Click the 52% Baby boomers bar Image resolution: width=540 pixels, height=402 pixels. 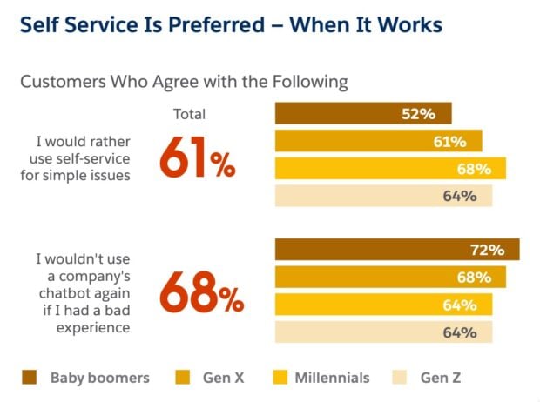(363, 113)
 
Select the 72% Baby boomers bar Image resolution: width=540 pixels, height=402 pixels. (397, 250)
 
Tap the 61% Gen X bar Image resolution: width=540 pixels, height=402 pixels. (378, 141)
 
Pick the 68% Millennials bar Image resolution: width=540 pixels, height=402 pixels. (390, 168)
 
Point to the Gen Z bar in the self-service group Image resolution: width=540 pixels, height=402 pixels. (383, 196)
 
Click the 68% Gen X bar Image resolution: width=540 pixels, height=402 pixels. (390, 278)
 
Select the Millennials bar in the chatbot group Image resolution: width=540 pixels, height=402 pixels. (383, 305)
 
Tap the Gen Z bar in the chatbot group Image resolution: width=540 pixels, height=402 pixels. (383, 332)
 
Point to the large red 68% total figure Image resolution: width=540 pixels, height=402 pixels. (201, 293)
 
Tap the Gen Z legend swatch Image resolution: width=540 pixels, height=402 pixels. (400, 378)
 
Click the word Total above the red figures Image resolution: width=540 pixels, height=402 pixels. (191, 113)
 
